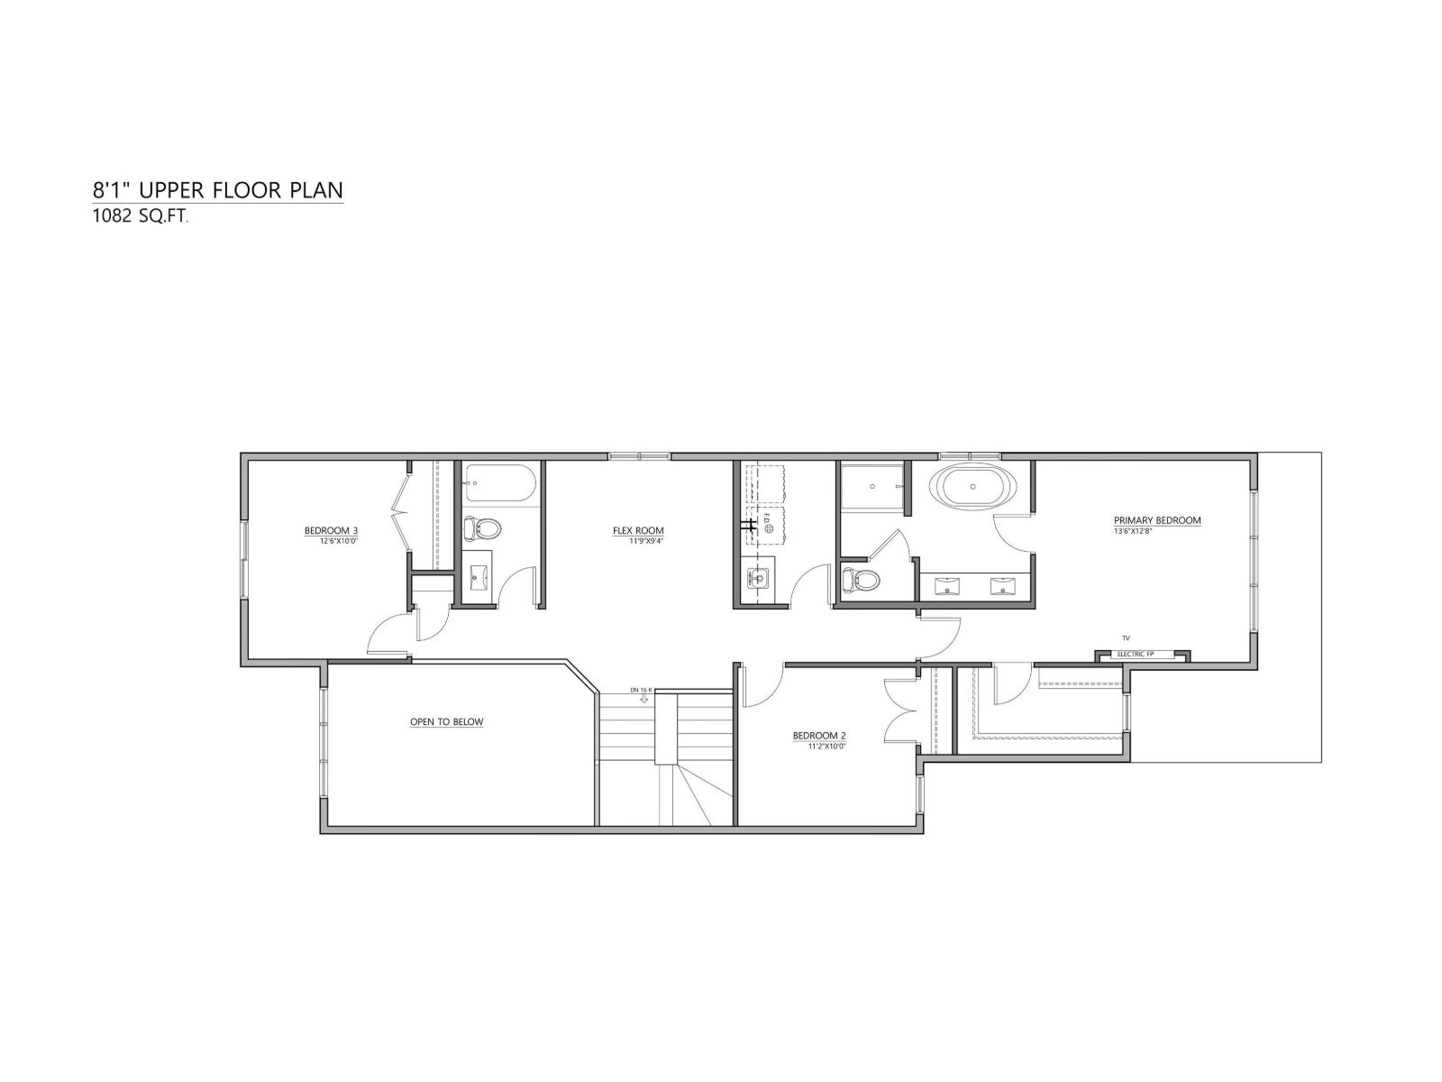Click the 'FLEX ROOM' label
pyautogui.click(x=638, y=531)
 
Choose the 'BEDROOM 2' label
pyautogui.click(x=819, y=736)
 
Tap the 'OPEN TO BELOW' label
pyautogui.click(x=447, y=721)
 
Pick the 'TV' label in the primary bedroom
pyautogui.click(x=1126, y=638)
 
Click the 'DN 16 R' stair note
pyautogui.click(x=641, y=690)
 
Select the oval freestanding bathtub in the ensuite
pyautogui.click(x=973, y=488)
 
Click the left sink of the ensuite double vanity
pyautogui.click(x=946, y=587)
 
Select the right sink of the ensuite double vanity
pyautogui.click(x=1003, y=587)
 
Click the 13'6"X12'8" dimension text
pyautogui.click(x=1133, y=531)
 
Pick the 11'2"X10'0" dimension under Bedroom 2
pyautogui.click(x=819, y=747)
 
